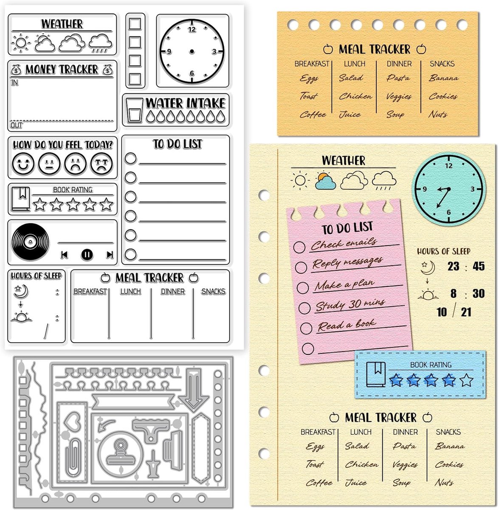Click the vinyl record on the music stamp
(31, 241)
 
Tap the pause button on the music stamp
(87, 255)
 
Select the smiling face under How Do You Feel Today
(23, 164)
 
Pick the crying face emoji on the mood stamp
(101, 164)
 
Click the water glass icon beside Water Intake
(133, 110)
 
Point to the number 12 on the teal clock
(449, 166)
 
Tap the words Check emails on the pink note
(344, 244)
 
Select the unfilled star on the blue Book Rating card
(466, 380)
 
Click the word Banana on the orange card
(444, 78)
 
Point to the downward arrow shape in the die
(194, 390)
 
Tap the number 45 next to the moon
(479, 266)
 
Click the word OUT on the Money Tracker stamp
(16, 125)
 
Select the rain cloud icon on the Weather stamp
(100, 43)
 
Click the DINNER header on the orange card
(399, 64)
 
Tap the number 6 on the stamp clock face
(192, 73)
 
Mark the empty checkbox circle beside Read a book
(306, 328)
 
